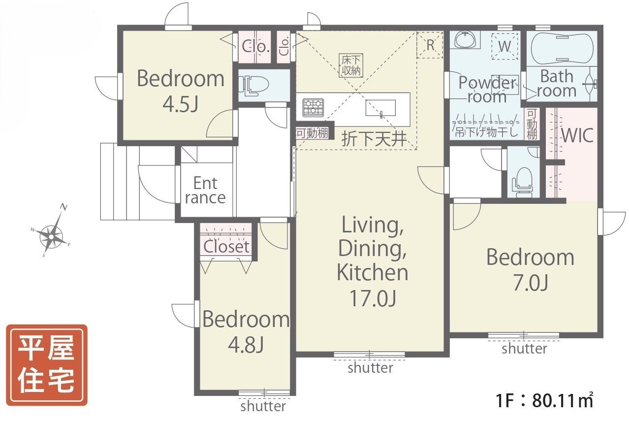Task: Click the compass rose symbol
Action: pyautogui.click(x=51, y=236)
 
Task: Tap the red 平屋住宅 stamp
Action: pyautogui.click(x=47, y=365)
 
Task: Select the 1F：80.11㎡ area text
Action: pyautogui.click(x=544, y=400)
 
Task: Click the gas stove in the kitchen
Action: pyautogui.click(x=313, y=108)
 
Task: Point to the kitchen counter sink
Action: pyautogui.click(x=380, y=108)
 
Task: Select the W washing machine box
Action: pyautogui.click(x=504, y=46)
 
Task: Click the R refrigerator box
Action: pyautogui.click(x=430, y=45)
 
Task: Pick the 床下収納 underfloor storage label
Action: pyautogui.click(x=351, y=65)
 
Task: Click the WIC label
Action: pyautogui.click(x=577, y=135)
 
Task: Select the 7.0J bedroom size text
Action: pyautogui.click(x=531, y=283)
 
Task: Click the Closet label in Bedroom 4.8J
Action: pyautogui.click(x=226, y=247)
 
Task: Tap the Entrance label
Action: pyautogui.click(x=205, y=191)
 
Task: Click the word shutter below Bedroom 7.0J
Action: pyautogui.click(x=525, y=349)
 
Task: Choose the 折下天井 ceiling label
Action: pyautogui.click(x=374, y=139)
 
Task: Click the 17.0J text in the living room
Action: pyautogui.click(x=373, y=298)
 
